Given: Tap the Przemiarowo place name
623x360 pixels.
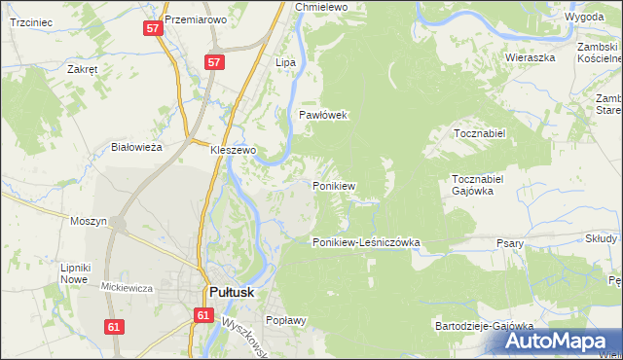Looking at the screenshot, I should click(196, 19).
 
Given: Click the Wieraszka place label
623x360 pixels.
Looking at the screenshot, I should click(529, 57).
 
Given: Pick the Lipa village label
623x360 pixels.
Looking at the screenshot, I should click(285, 62).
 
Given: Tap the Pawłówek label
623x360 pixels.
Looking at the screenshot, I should click(323, 115).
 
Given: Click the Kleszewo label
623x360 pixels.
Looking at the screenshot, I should click(234, 151).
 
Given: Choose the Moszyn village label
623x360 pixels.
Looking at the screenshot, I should click(89, 221).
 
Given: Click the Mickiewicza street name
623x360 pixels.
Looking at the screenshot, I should click(126, 287).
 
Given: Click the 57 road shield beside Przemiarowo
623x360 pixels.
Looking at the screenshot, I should click(153, 28).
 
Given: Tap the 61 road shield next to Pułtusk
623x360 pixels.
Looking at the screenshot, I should click(202, 315).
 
